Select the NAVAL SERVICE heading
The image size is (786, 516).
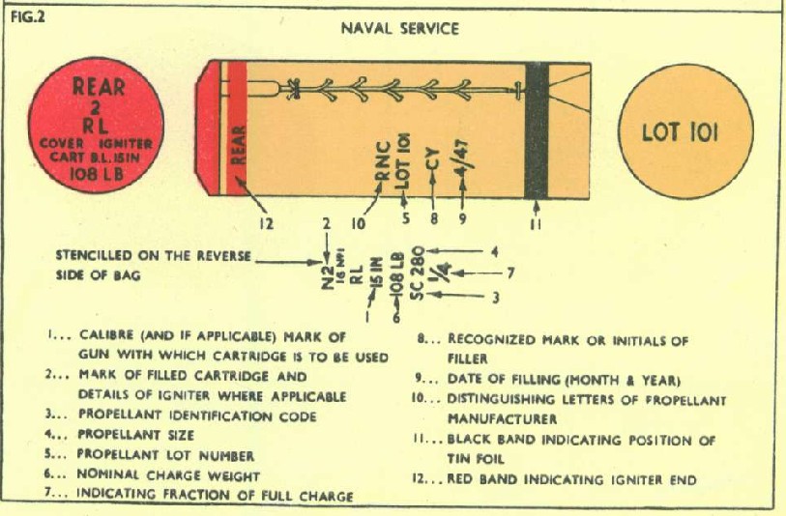(x=399, y=28)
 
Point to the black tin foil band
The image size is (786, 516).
(x=536, y=129)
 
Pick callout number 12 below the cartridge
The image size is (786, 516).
(x=267, y=224)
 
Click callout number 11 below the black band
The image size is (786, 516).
(x=536, y=224)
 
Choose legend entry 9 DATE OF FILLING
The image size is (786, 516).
(x=538, y=378)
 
